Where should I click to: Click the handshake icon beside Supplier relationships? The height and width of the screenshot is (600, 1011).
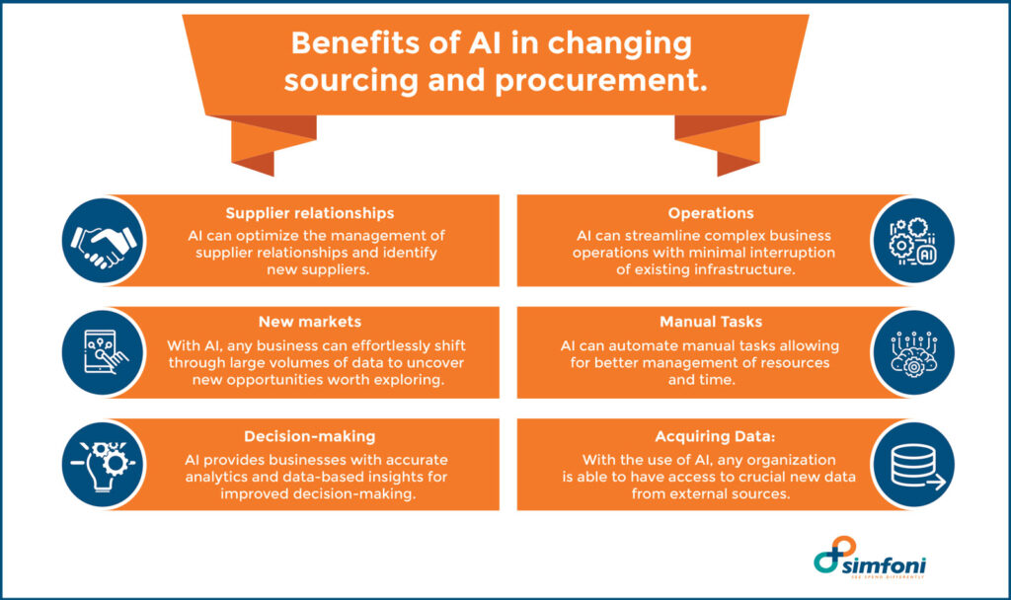coord(103,241)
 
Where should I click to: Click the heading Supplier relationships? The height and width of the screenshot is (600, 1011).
coord(309,213)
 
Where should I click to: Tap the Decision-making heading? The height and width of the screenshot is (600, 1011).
coord(309,436)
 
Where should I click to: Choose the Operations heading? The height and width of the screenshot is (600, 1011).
coord(711,213)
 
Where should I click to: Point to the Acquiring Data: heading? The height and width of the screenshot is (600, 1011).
coord(711,436)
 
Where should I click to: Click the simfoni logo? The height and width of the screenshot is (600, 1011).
coord(870,562)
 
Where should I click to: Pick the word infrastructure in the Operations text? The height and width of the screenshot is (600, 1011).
coord(743,269)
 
